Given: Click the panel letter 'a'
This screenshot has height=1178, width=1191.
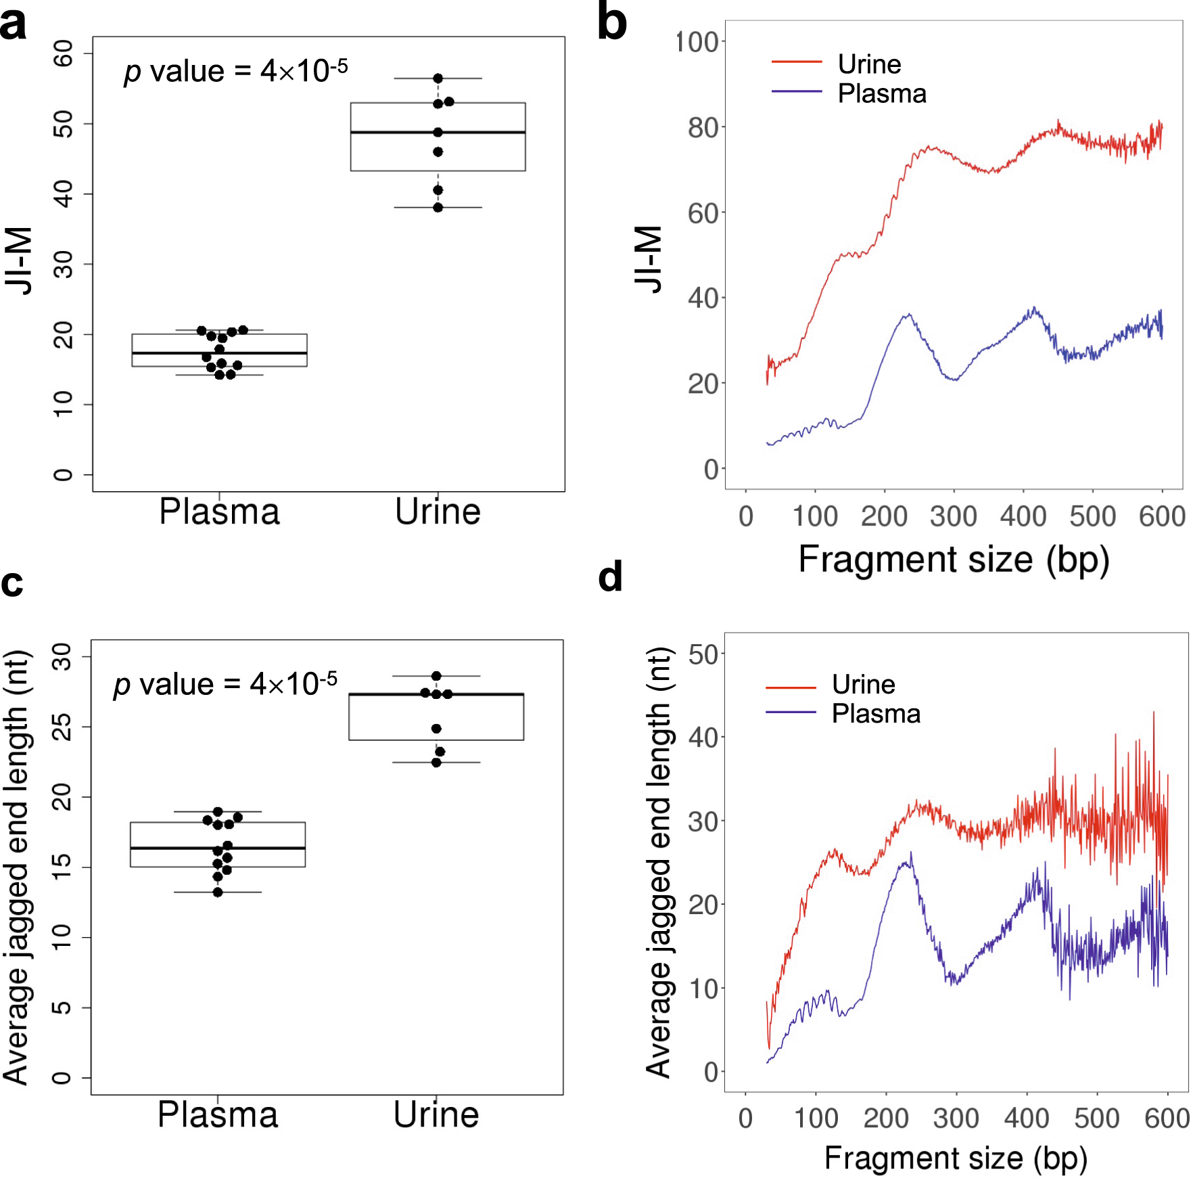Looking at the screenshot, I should pyautogui.click(x=14, y=26).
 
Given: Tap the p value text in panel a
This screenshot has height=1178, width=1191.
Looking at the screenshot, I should pyautogui.click(x=236, y=71).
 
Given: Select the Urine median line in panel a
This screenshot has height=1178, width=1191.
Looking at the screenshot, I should pyautogui.click(x=438, y=132).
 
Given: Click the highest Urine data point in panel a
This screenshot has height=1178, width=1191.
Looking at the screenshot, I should pyautogui.click(x=438, y=78).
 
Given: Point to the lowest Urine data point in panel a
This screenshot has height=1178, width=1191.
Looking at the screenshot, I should pyautogui.click(x=438, y=207).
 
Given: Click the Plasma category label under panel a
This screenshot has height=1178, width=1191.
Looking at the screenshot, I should pyautogui.click(x=219, y=512).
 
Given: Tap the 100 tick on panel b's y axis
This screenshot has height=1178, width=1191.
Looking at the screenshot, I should pyautogui.click(x=697, y=42).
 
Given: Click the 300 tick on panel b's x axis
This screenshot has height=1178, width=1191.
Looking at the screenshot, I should pyautogui.click(x=954, y=517).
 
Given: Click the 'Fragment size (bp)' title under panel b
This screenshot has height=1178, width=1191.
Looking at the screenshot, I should pyautogui.click(x=954, y=560).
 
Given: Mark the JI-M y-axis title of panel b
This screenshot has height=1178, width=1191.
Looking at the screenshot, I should pyautogui.click(x=649, y=259).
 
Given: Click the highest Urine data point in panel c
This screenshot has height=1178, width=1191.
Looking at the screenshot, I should pyautogui.click(x=436, y=676).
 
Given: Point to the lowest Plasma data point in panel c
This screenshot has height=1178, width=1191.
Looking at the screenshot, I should pyautogui.click(x=218, y=892).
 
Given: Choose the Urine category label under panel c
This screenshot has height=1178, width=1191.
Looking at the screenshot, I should pyautogui.click(x=436, y=1115).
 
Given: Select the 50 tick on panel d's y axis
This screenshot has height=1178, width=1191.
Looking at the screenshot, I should pyautogui.click(x=703, y=655).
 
